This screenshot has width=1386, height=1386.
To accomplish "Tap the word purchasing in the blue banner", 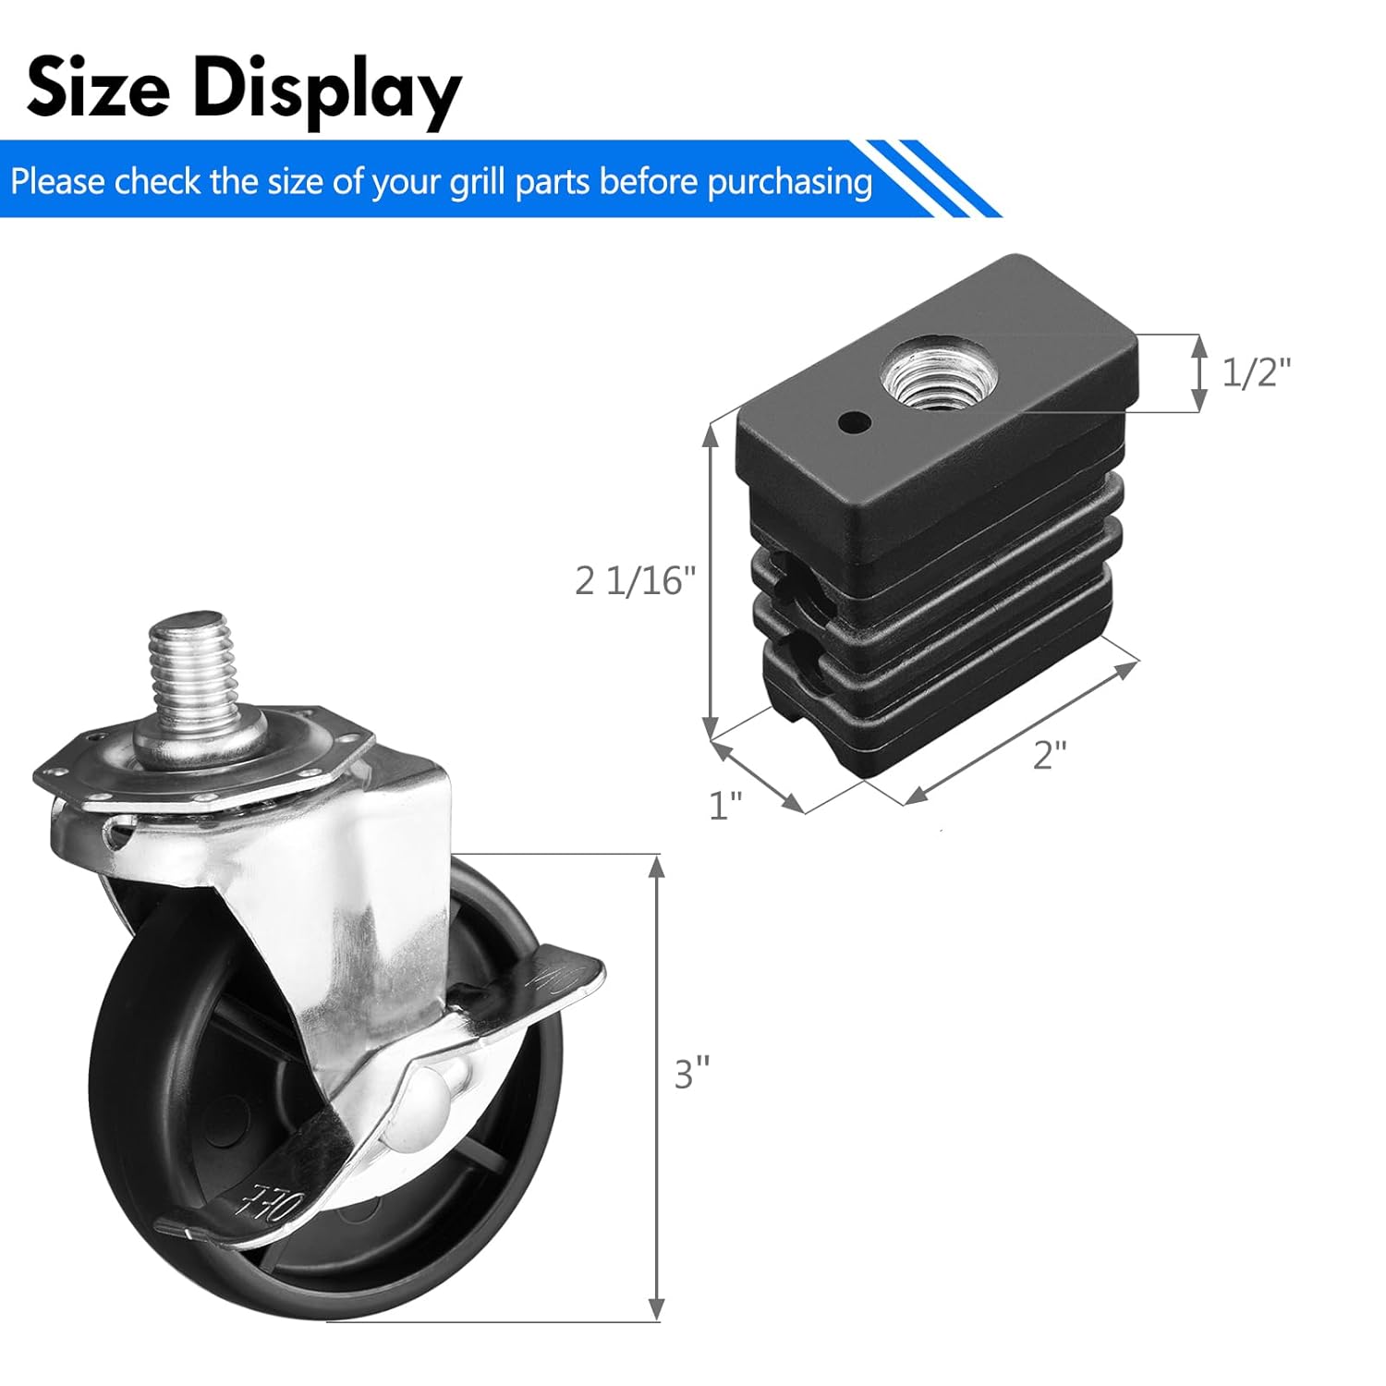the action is (x=790, y=182).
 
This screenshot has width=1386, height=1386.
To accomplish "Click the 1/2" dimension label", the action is (x=1256, y=372).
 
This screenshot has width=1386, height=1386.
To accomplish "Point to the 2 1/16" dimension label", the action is (x=635, y=581).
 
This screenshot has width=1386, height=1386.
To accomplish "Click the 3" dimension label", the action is (x=692, y=1074).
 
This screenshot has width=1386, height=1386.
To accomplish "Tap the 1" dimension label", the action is (x=725, y=806).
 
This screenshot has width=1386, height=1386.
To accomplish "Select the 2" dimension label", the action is (x=1050, y=755).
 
